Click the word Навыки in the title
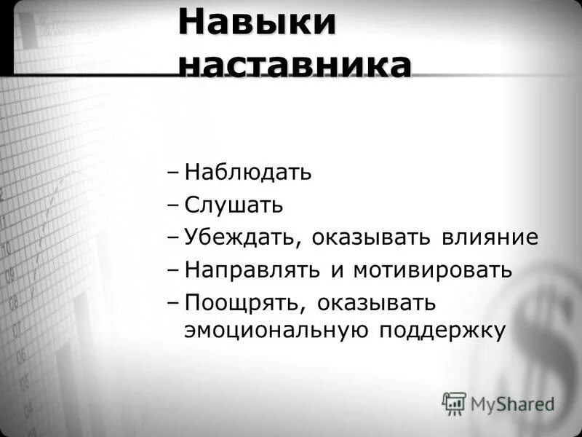(258, 23)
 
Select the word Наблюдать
(247, 173)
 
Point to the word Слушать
(234, 205)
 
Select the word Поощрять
(239, 302)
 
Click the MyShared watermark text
(512, 403)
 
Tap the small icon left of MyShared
(454, 403)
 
